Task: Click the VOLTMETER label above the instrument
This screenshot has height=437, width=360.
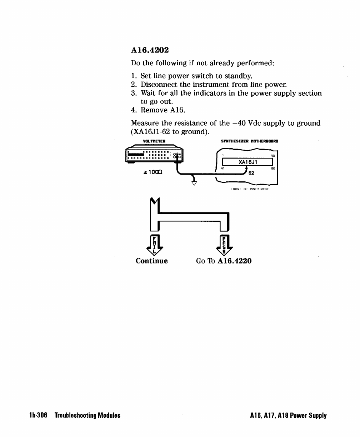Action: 154,141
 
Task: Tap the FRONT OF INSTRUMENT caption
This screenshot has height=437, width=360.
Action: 250,189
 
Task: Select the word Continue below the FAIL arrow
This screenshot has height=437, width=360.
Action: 152,261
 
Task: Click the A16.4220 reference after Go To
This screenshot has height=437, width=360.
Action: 234,261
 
